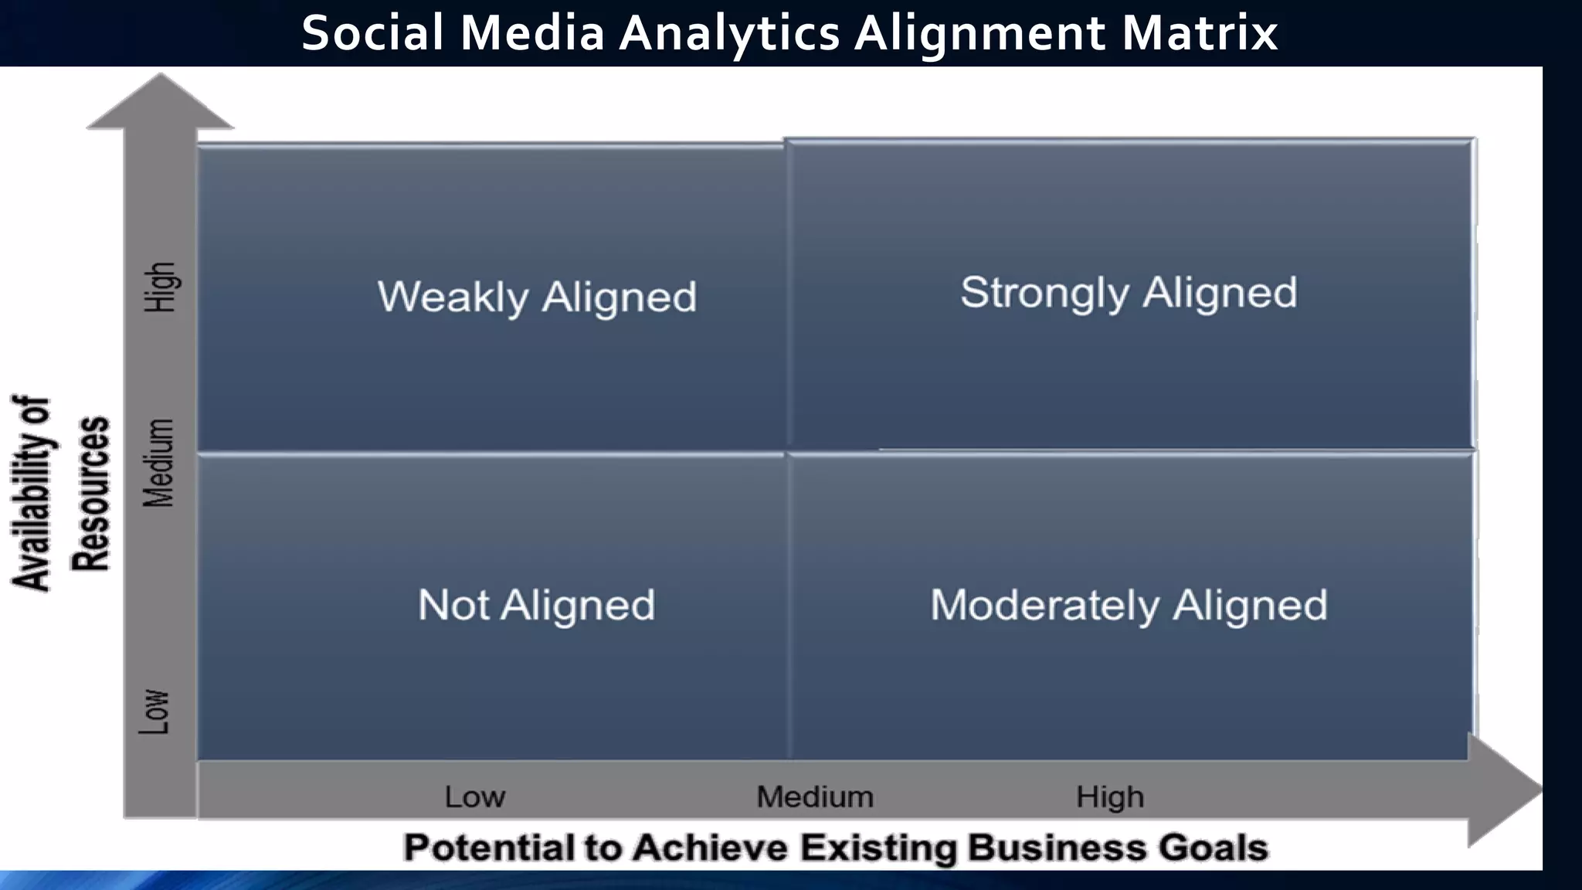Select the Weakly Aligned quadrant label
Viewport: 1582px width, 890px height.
tap(537, 297)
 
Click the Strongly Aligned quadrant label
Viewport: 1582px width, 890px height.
tap(1129, 293)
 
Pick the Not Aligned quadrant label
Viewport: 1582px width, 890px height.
tap(536, 605)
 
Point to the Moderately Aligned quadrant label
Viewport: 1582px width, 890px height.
tap(1129, 605)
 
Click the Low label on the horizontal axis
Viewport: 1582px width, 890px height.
tap(474, 797)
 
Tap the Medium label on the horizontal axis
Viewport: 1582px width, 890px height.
tap(815, 797)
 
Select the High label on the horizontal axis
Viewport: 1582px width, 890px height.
tap(1110, 797)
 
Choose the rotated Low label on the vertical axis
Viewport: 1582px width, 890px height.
tap(154, 712)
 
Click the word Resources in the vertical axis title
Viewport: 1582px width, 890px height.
tap(91, 494)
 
